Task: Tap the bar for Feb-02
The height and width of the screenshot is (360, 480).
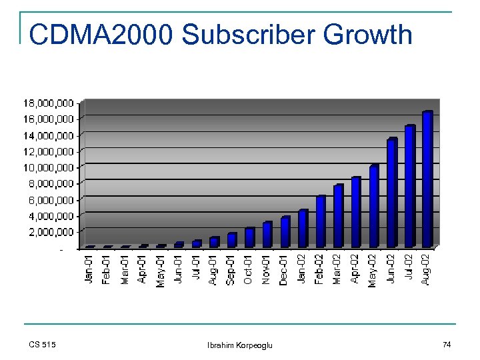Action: (321, 221)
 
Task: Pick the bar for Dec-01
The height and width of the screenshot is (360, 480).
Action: (285, 231)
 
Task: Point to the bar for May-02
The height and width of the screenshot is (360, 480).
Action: (374, 206)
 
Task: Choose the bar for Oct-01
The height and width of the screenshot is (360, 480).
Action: (249, 237)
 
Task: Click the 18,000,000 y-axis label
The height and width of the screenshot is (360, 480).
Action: (49, 103)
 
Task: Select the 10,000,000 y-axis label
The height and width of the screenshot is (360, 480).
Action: (49, 167)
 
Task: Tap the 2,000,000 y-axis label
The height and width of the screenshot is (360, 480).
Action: (51, 232)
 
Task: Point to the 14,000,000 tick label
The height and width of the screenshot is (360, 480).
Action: (49, 135)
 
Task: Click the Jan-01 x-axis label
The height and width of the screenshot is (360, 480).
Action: (89, 269)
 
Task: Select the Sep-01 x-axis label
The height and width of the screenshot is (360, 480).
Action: (231, 269)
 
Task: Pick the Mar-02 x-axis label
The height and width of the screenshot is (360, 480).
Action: (338, 269)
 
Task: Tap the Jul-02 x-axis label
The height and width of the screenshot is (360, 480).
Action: (409, 269)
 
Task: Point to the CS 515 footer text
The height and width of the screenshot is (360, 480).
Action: (43, 345)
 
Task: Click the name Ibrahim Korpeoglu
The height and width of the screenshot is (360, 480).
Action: (240, 345)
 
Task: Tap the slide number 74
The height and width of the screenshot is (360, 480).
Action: (446, 345)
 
